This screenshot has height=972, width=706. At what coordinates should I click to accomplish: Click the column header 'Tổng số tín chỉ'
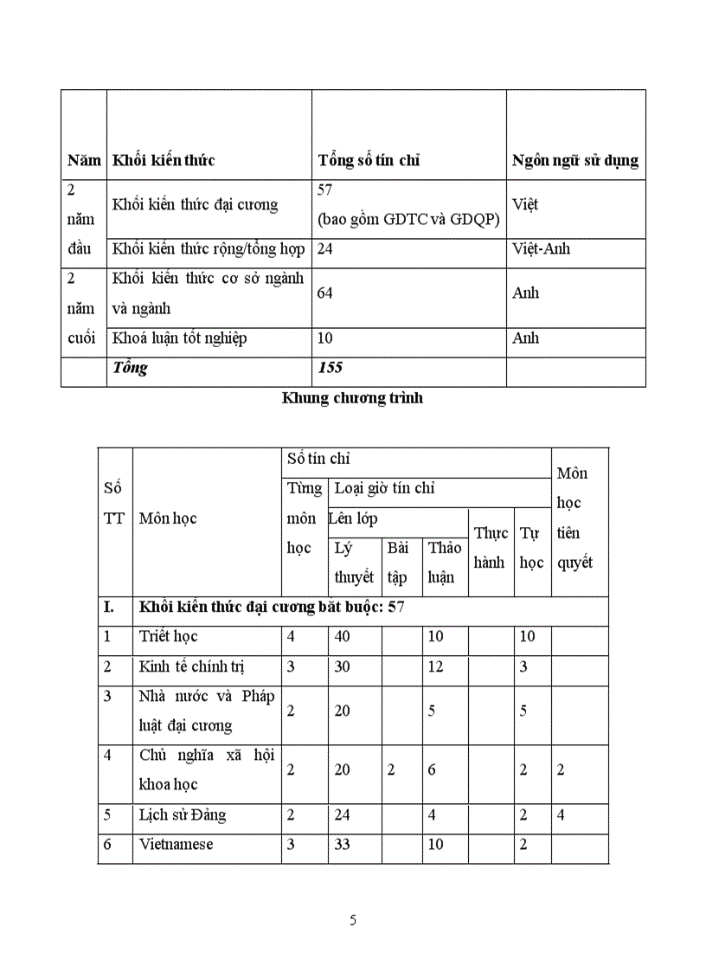point(369,160)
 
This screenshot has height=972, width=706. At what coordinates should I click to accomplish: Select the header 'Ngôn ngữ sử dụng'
point(574,160)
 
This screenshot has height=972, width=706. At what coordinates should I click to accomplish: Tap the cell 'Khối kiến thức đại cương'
point(196,205)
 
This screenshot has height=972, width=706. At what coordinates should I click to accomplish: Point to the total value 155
point(331,368)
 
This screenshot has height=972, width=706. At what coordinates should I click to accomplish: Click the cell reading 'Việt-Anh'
point(541,249)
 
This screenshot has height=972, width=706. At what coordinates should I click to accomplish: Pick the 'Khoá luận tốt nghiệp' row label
point(180,338)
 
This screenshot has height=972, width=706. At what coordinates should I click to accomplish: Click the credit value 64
point(325,293)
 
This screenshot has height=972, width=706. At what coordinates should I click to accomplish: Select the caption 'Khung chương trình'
point(352,399)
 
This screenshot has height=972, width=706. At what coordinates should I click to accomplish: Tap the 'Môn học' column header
point(168,518)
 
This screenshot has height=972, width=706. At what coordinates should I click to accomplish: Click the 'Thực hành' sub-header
point(490,548)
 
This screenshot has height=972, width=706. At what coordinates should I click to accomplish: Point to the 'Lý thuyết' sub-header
point(353,563)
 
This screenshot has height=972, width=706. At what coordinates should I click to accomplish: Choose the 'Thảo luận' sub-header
point(445,563)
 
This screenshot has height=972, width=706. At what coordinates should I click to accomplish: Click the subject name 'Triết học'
point(169,637)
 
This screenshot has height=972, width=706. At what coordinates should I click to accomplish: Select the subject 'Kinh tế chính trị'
point(186,667)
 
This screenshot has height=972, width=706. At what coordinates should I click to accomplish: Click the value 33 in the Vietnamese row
point(343,845)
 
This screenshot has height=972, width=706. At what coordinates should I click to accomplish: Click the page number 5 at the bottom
point(353,921)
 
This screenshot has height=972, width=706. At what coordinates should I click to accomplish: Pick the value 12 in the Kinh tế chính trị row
point(435,667)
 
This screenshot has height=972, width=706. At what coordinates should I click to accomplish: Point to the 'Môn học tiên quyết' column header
point(574,518)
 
